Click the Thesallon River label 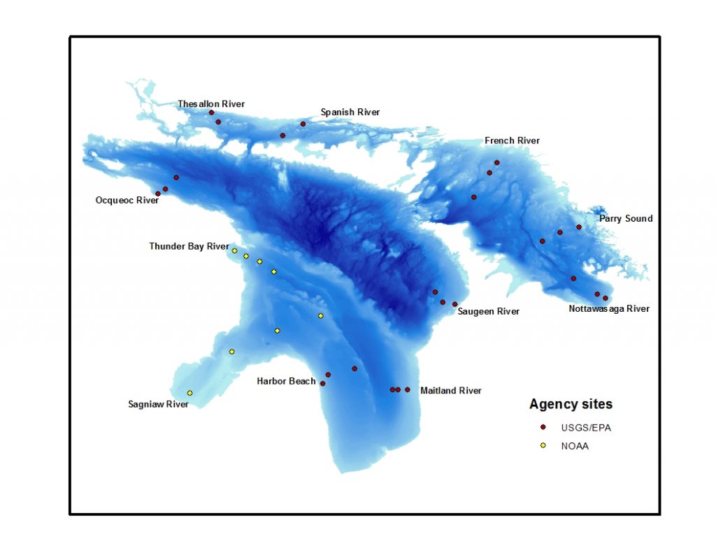(211, 104)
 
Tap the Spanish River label (350, 112)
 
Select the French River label (512, 141)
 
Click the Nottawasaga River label (608, 308)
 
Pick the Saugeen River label (488, 311)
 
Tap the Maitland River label (450, 391)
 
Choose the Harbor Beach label (286, 381)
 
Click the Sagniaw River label (158, 404)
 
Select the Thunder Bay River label (189, 246)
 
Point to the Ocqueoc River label (127, 200)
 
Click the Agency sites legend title (571, 404)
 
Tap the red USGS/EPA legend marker (543, 427)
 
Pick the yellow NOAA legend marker (543, 445)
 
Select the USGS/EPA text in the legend (585, 428)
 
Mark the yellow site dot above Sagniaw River (189, 393)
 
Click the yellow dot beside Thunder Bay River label (235, 250)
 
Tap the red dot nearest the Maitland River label (407, 389)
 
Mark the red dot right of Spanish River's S (303, 124)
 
